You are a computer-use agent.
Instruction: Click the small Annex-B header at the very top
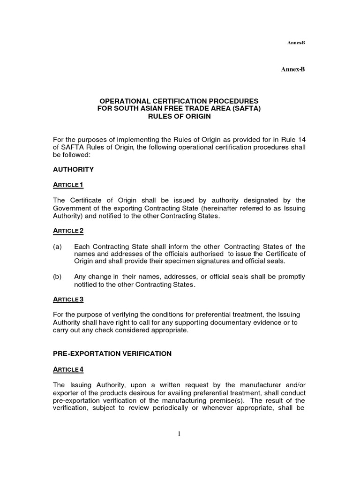point(296,43)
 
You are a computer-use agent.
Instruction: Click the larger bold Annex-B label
point(293,69)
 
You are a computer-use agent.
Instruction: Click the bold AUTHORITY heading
point(73,169)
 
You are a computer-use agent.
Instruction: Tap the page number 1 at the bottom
point(179,434)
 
